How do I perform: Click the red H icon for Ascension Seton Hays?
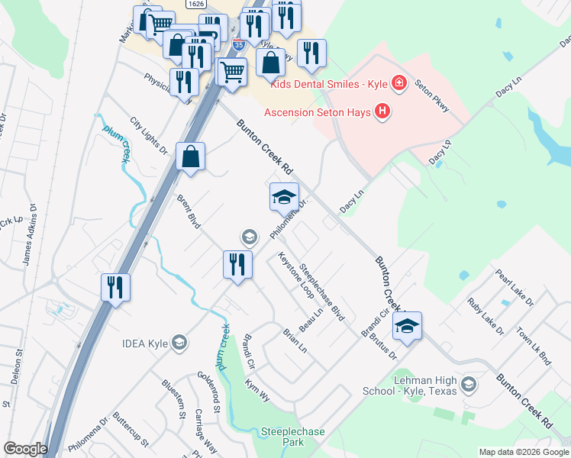pyautogui.click(x=382, y=112)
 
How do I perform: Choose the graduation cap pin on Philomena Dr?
pyautogui.click(x=284, y=198)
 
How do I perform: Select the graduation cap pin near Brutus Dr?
pyautogui.click(x=408, y=327)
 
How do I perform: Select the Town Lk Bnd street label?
pyautogui.click(x=534, y=346)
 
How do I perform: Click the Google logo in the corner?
pyautogui.click(x=24, y=449)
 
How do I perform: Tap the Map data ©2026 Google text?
pyautogui.click(x=523, y=451)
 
